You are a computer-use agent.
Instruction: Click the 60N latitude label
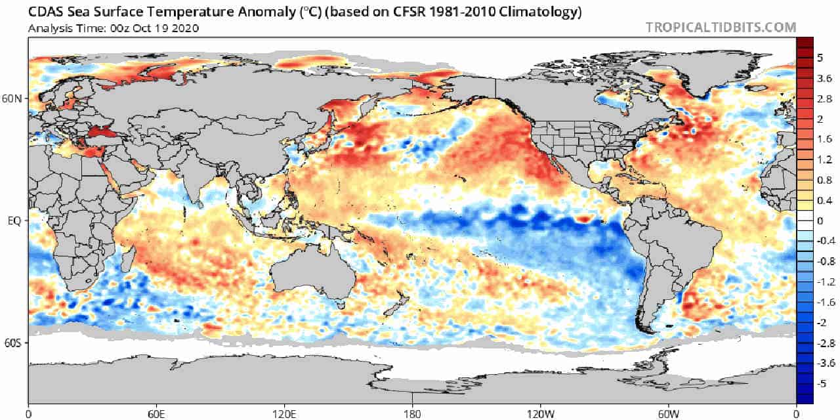coord(12,98)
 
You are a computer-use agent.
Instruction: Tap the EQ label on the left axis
coord(14,221)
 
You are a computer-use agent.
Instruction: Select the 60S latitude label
coord(12,343)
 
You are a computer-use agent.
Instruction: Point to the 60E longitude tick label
coord(156,414)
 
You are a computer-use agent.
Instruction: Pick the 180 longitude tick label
coord(413,414)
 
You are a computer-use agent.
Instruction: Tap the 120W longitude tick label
coord(540,414)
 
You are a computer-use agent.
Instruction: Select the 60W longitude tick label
coord(669,414)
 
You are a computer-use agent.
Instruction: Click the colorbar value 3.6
coord(824,78)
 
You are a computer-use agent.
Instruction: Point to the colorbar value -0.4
coord(826,241)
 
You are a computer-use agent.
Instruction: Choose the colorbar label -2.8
coord(826,343)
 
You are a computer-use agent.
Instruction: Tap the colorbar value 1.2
coord(824,159)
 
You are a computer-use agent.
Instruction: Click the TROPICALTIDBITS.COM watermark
coord(721,28)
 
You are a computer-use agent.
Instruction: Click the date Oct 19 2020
coord(166,28)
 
